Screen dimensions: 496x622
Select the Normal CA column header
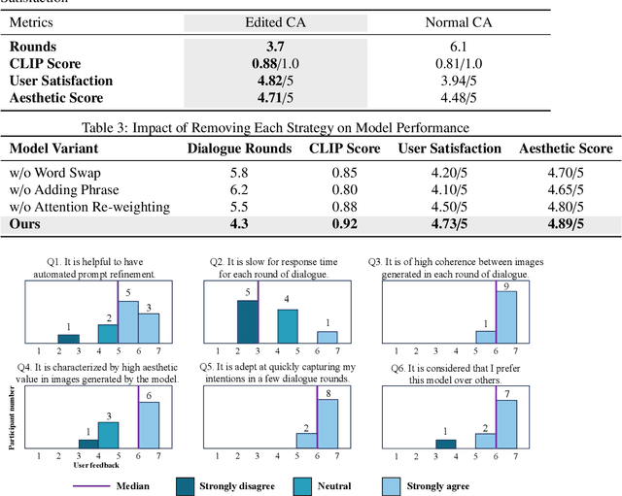[x=461, y=21]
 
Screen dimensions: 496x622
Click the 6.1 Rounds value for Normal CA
[x=461, y=46]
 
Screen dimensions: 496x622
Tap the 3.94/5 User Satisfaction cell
[x=461, y=81]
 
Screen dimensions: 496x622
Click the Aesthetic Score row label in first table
[x=56, y=98]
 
